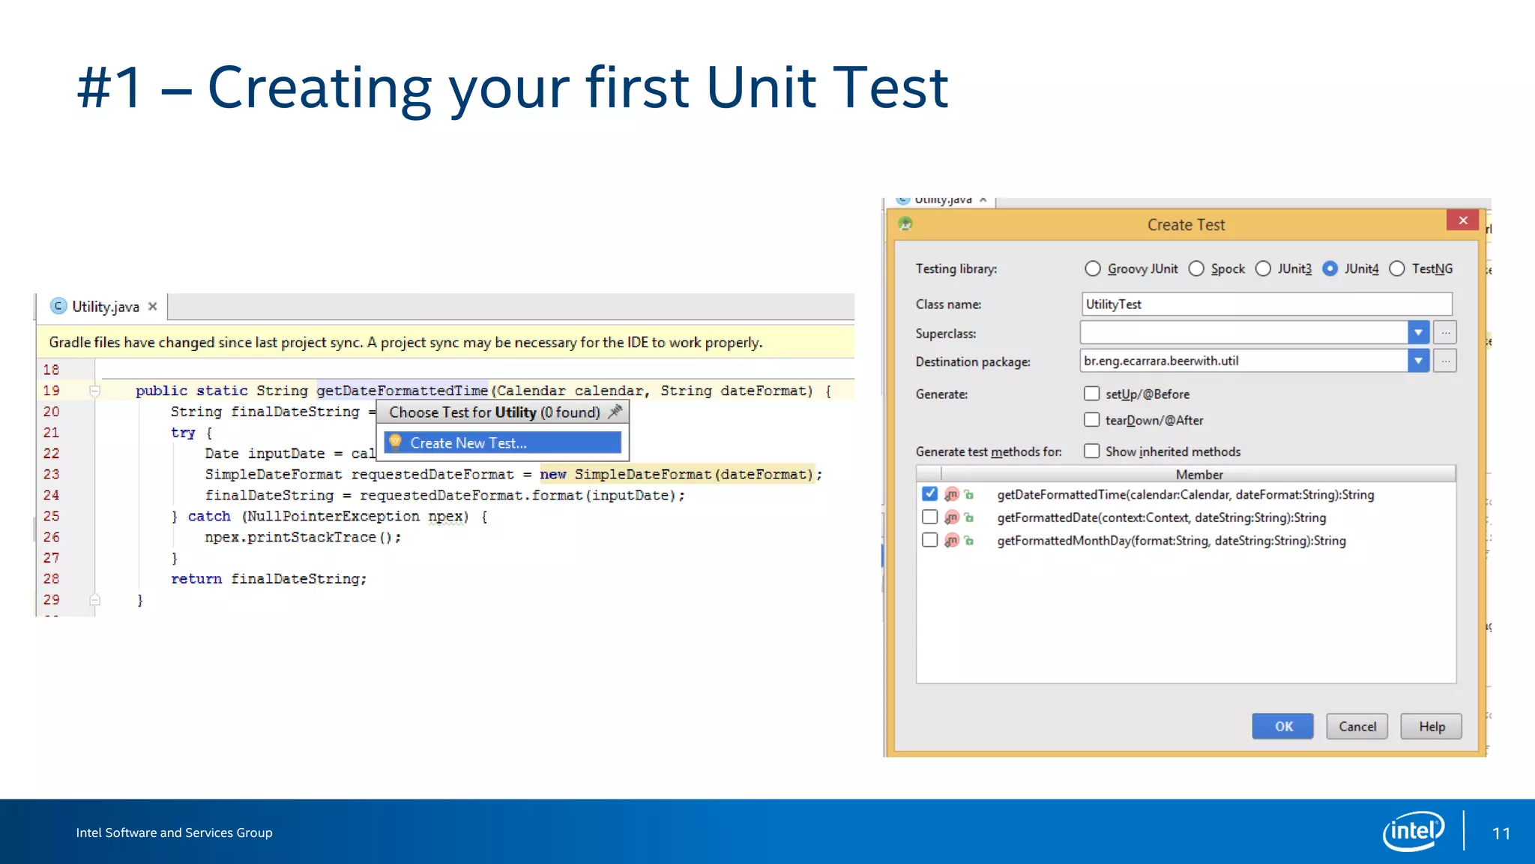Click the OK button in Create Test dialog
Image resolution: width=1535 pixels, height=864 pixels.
tap(1282, 726)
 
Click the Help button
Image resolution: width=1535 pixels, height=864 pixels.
tap(1431, 726)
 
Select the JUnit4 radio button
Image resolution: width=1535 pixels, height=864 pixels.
tap(1330, 268)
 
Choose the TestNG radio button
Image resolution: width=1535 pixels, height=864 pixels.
tap(1397, 268)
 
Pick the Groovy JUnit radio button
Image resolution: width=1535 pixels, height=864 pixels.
tap(1093, 268)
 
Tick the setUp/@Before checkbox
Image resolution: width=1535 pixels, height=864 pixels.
tap(1092, 394)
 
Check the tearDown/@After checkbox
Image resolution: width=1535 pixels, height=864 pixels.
tap(1092, 420)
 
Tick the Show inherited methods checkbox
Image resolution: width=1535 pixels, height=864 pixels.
tap(1092, 451)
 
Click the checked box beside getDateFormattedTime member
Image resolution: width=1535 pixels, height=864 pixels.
tap(930, 493)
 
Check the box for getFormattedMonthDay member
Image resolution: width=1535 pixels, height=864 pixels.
tap(930, 540)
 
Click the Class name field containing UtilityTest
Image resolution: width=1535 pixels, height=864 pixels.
tap(1267, 304)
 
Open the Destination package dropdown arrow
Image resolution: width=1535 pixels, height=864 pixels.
tap(1418, 361)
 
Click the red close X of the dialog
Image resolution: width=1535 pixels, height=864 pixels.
tap(1462, 220)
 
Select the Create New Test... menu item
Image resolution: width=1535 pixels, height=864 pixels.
tap(502, 442)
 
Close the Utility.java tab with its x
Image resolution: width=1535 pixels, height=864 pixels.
tap(152, 306)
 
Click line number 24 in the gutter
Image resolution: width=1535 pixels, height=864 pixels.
tap(51, 495)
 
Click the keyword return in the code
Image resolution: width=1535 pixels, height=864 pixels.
tap(196, 578)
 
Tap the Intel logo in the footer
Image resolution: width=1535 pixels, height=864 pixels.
tap(1413, 831)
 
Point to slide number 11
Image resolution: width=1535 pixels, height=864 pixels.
tap(1501, 833)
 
